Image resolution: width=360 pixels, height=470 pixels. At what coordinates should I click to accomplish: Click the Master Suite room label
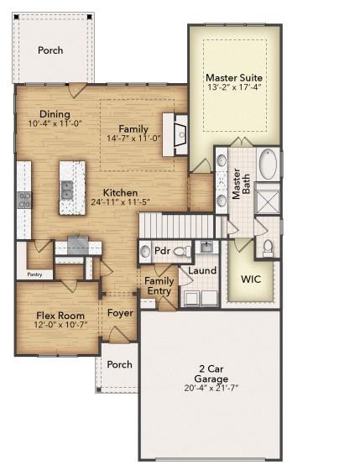(234, 77)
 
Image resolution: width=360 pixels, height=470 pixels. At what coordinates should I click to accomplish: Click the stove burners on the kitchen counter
(25, 200)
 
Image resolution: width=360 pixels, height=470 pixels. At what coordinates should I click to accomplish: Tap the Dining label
(54, 114)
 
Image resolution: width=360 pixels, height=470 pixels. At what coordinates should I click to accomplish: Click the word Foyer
(120, 313)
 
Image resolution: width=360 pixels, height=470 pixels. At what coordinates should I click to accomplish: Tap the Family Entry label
(159, 286)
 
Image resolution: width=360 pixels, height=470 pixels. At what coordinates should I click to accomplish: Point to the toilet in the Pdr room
(183, 251)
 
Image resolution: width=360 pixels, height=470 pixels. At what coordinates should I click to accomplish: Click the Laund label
(201, 271)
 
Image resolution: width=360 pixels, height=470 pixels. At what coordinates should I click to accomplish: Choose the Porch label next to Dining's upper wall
(50, 50)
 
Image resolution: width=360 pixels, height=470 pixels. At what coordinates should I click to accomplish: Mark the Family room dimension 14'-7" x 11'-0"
(134, 138)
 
